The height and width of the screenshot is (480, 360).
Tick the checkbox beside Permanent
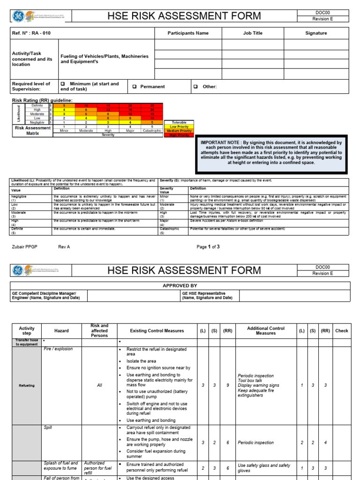coord(134,86)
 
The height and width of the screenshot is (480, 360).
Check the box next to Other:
coord(195,86)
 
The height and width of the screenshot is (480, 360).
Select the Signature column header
coord(316,33)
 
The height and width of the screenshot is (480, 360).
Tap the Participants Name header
coord(188,33)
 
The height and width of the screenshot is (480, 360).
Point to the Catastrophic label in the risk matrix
coord(152,130)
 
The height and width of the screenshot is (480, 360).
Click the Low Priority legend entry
coord(180,127)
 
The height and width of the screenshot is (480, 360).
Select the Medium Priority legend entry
coord(180,131)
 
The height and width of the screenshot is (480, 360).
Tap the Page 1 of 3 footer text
coord(208,247)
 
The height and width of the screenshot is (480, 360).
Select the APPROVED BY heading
coord(180,285)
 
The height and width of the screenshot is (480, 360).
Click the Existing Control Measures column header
coord(157,331)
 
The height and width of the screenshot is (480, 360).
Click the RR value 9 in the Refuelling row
coord(227,385)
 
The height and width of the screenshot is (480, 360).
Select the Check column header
coord(341,330)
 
